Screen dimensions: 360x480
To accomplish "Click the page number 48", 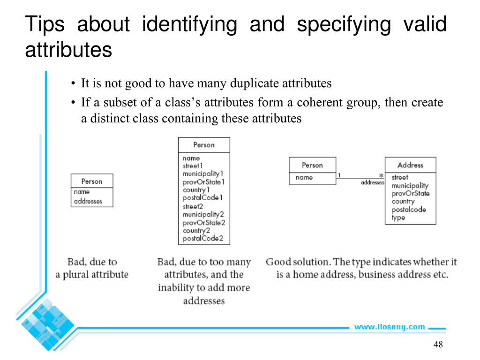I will [438, 345].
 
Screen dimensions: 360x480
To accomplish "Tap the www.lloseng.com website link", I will [389, 327].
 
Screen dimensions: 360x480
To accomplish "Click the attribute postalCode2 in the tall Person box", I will [203, 239].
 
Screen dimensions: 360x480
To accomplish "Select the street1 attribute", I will [193, 166].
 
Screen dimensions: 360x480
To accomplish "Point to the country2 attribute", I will [196, 231].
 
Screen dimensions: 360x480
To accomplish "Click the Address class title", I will [410, 165].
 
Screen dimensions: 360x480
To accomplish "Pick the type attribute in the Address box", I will [398, 217].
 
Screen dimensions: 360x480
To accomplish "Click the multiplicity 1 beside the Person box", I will [339, 176].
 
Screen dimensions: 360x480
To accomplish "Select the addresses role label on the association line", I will [373, 182].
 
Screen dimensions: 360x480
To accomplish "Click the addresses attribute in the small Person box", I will [88, 202].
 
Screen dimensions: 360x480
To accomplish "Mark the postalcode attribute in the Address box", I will [409, 210].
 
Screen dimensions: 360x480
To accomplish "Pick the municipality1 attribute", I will [200, 174].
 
